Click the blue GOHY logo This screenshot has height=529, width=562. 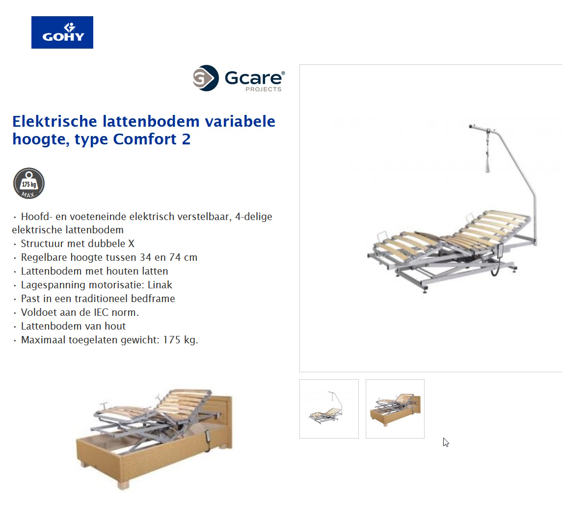click(x=62, y=32)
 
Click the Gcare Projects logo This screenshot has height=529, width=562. click(x=239, y=79)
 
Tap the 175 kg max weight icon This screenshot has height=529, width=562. click(x=29, y=183)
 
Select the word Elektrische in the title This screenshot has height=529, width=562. click(x=55, y=121)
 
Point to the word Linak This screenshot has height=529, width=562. click(x=160, y=285)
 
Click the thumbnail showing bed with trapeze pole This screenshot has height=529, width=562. click(x=329, y=409)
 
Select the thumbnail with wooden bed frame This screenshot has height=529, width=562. click(x=395, y=409)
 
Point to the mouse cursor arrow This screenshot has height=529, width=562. click(x=445, y=442)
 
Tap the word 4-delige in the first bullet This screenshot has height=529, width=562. click(x=254, y=217)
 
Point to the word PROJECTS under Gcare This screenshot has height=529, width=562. click(x=264, y=89)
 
